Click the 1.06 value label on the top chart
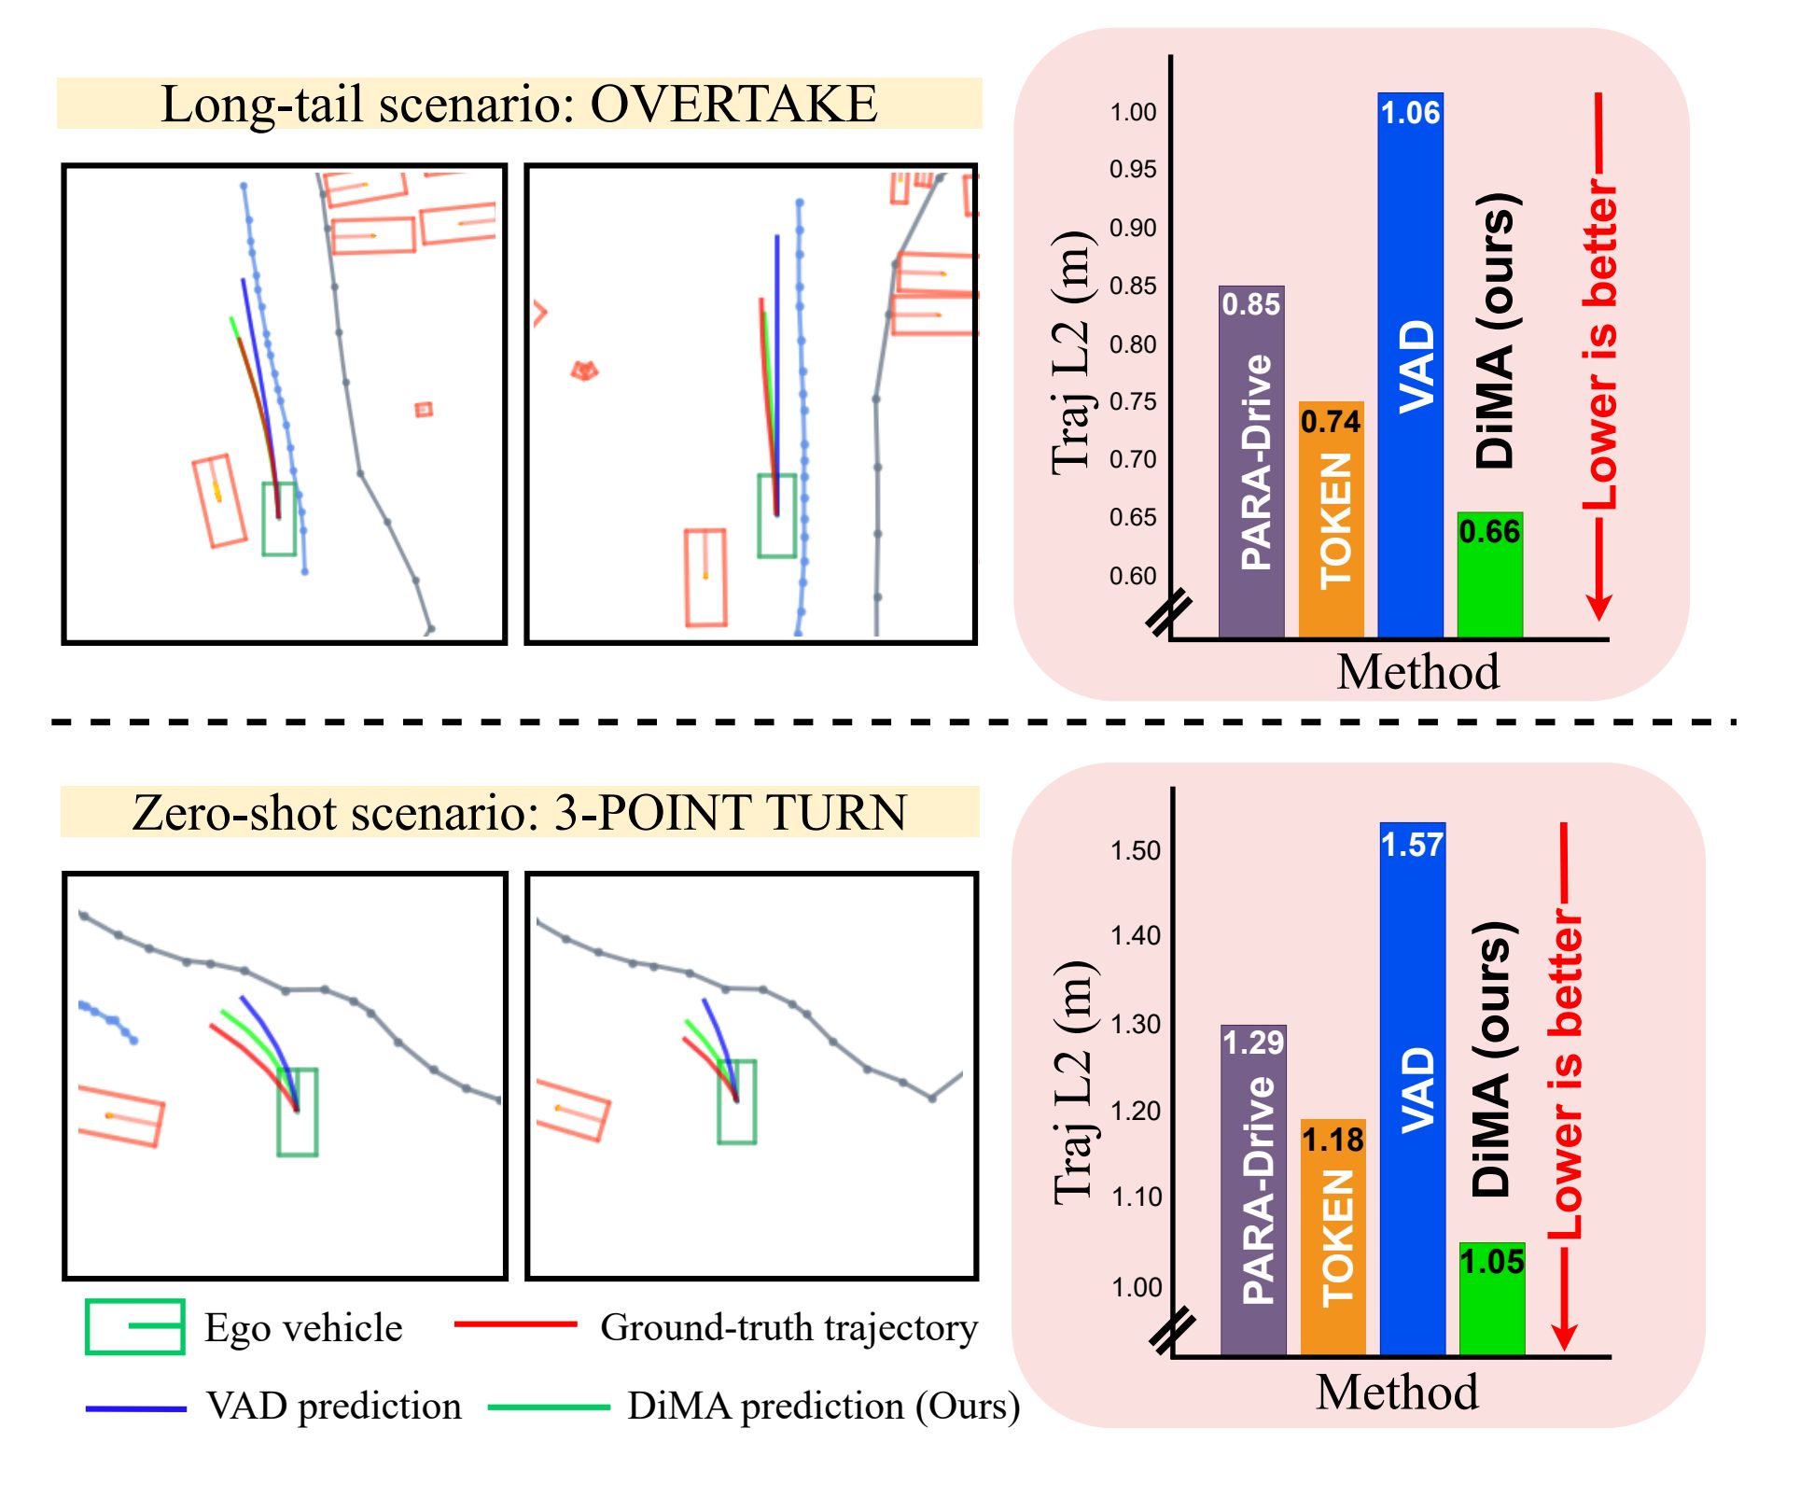(1410, 113)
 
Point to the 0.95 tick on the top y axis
(1133, 170)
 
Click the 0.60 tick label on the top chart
(1133, 576)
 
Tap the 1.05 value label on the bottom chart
(1492, 1262)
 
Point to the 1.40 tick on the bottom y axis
(1136, 936)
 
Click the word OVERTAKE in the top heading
(733, 103)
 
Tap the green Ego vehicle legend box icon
(134, 1326)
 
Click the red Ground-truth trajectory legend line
(515, 1324)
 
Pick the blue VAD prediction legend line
(136, 1408)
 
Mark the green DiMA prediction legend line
(549, 1407)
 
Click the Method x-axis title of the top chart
(1417, 672)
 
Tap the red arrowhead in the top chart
(1599, 607)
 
